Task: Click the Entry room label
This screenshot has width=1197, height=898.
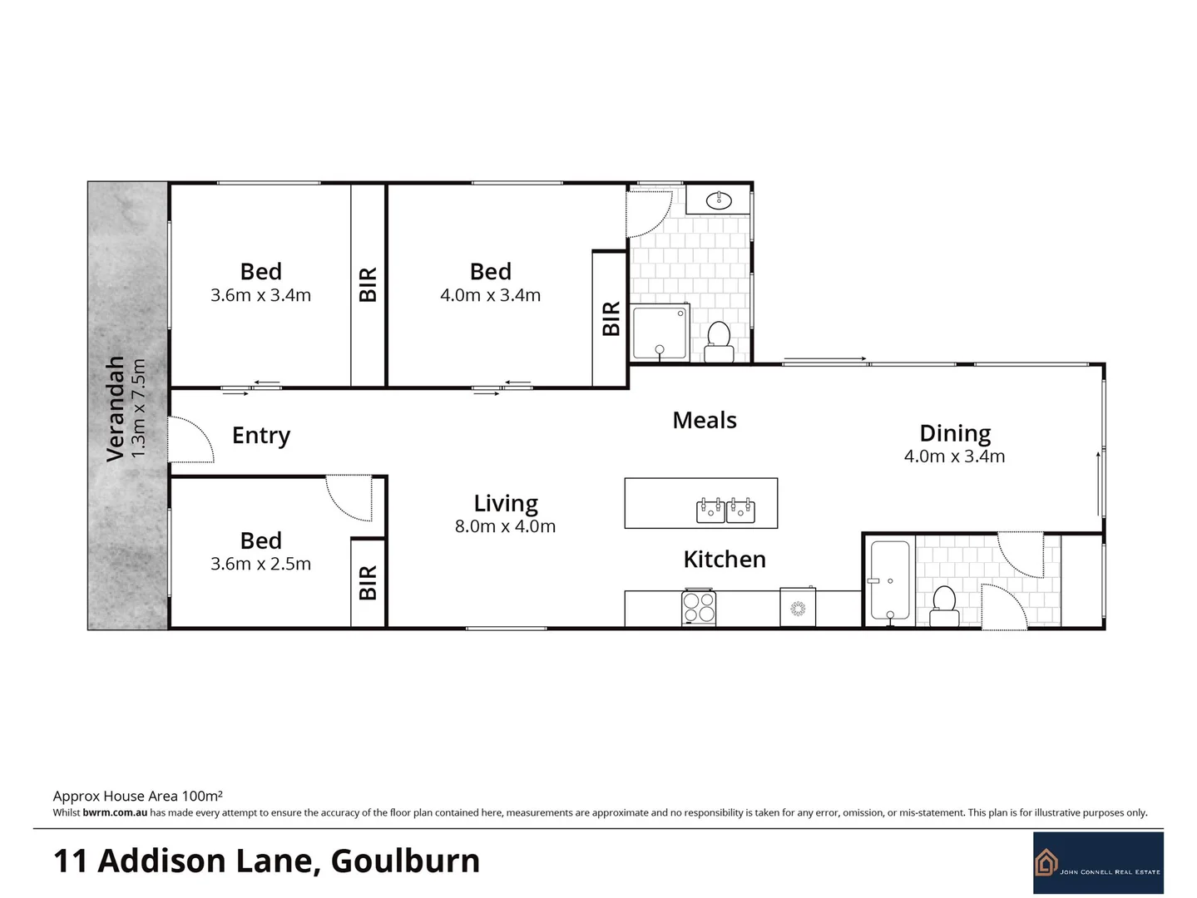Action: click(x=260, y=436)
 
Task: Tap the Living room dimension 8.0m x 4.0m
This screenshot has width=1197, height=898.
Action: click(x=505, y=526)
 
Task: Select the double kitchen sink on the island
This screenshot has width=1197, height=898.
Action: click(x=725, y=510)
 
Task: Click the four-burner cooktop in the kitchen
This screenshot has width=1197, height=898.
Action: click(x=699, y=607)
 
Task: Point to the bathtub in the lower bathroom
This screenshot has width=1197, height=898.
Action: click(x=889, y=580)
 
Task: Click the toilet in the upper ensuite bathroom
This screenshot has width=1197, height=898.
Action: click(x=719, y=341)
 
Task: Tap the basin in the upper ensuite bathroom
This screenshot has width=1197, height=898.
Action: click(x=719, y=200)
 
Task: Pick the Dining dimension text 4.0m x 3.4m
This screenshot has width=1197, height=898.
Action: click(x=954, y=456)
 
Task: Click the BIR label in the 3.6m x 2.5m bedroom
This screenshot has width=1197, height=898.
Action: click(x=368, y=582)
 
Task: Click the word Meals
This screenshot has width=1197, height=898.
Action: click(x=705, y=421)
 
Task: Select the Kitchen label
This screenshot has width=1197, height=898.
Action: click(x=725, y=560)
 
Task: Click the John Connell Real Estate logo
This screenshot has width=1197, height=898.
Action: click(x=1098, y=863)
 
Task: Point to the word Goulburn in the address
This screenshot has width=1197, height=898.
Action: click(x=405, y=861)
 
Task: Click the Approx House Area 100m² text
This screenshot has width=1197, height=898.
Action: click(x=137, y=796)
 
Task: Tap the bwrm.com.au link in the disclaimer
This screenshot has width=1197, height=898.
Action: click(x=115, y=812)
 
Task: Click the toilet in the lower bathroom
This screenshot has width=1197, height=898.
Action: click(x=944, y=604)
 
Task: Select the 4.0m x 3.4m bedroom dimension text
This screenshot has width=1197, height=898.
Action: click(x=490, y=295)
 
